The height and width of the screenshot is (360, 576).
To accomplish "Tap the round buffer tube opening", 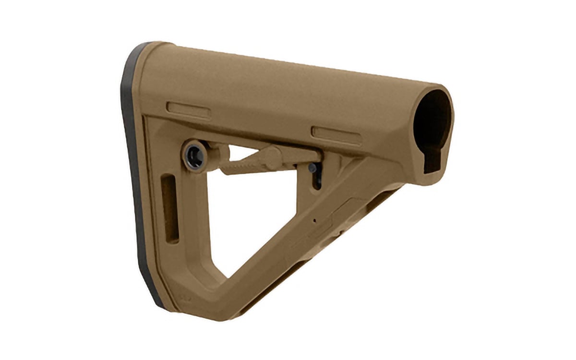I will click(x=432, y=120).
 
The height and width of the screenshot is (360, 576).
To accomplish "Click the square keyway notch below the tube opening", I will click(x=435, y=160).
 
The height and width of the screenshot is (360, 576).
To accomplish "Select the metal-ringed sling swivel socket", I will click(x=195, y=155).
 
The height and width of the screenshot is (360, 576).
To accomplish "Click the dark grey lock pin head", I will click(x=312, y=168).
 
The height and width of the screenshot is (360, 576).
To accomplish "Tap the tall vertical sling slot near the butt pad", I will click(x=169, y=209).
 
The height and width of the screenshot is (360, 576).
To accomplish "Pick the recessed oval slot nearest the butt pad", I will click(x=189, y=109).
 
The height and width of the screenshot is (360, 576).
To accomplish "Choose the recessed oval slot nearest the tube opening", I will click(x=336, y=135).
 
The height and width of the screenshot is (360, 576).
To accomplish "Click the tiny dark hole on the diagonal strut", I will click(x=314, y=221).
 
